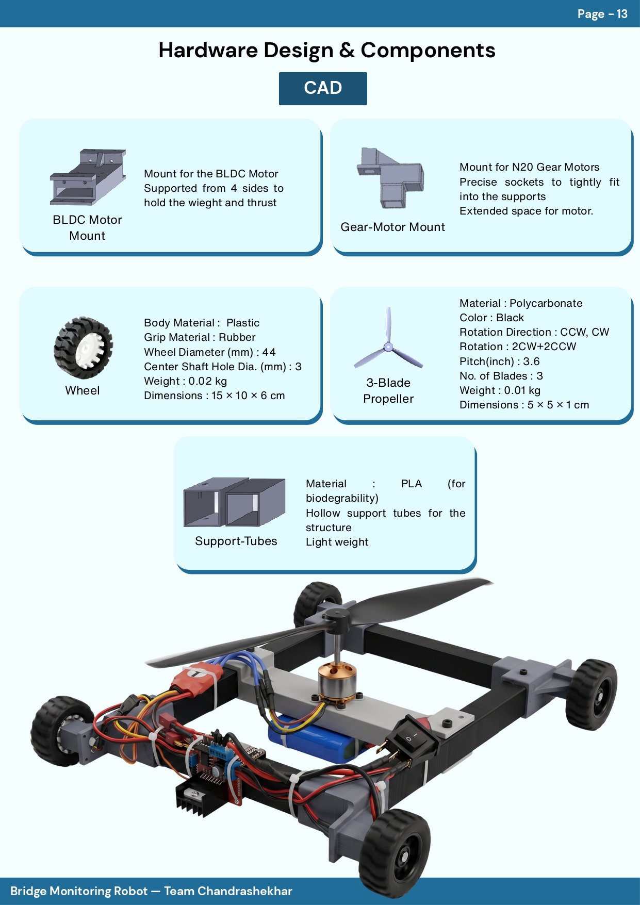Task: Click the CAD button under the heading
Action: tap(323, 88)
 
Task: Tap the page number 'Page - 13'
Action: tap(602, 14)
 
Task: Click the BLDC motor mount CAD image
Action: tap(88, 177)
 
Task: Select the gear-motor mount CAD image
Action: tap(390, 178)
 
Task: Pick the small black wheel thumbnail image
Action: tap(83, 348)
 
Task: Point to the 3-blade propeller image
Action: tap(388, 338)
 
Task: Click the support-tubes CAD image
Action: tap(234, 502)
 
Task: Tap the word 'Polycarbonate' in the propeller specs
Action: tap(546, 303)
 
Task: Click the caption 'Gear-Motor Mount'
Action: tap(392, 227)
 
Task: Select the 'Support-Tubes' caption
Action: tap(236, 541)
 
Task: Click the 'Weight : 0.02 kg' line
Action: tap(185, 381)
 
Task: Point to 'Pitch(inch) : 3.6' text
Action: tap(500, 361)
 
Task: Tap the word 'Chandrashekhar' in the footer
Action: tap(244, 891)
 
